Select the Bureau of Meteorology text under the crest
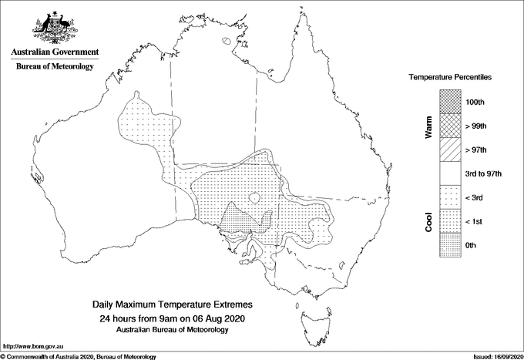[x=54, y=67]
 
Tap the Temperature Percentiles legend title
[x=451, y=79]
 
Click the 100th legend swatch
[x=451, y=102]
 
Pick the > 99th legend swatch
[x=451, y=126]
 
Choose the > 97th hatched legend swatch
[x=451, y=150]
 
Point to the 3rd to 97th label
[x=484, y=174]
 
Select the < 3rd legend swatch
[x=451, y=197]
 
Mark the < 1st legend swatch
[x=451, y=221]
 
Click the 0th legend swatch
[x=451, y=245]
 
